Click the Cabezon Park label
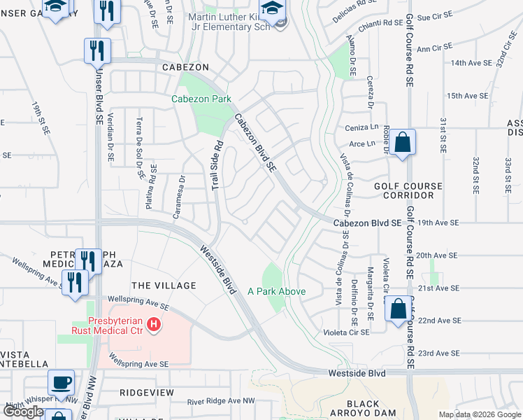pos(201,99)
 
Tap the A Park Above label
pos(276,291)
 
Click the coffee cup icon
pos(61,382)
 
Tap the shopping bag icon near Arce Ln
pos(403,142)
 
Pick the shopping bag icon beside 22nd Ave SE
pos(397,310)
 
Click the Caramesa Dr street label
pos(181,196)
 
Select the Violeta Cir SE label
pos(365,333)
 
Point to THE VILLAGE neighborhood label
pos(164,286)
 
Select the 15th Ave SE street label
pos(467,96)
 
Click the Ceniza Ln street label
pos(361,128)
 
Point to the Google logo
pos(23,412)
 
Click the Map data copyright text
pos(480,414)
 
